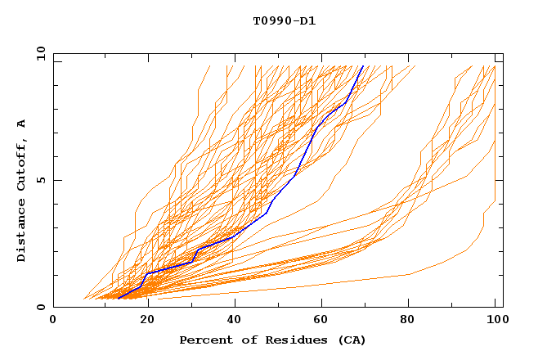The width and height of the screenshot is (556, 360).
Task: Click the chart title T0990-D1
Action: [x=284, y=21]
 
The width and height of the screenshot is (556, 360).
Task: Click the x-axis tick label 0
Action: [x=54, y=320]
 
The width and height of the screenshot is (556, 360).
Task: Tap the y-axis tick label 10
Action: [x=40, y=54]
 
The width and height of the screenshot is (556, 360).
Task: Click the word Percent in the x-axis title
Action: [x=204, y=340]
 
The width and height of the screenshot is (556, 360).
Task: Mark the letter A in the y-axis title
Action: [x=22, y=124]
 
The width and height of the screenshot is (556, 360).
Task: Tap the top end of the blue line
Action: [x=362, y=66]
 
